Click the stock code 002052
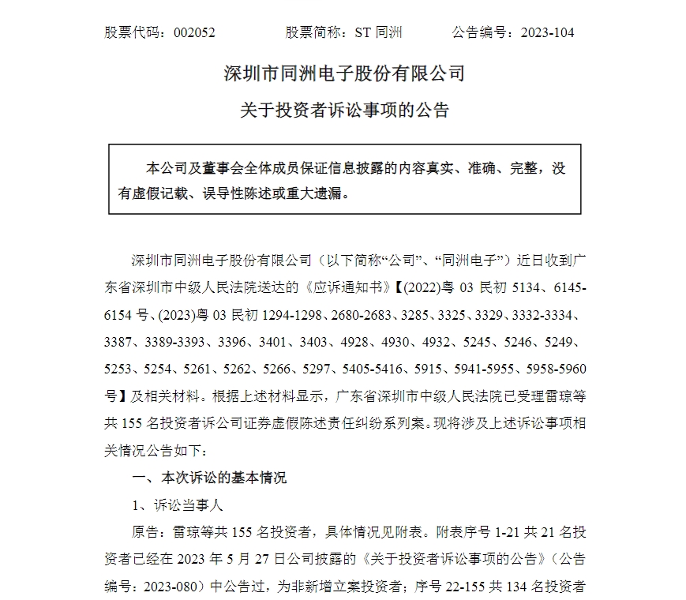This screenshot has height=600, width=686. [189, 32]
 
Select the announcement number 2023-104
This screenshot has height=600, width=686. [545, 32]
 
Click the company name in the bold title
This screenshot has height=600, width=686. [344, 74]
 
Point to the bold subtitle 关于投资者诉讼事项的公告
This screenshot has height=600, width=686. [344, 110]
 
